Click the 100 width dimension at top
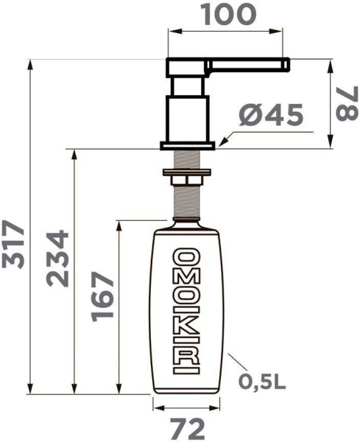[226, 13]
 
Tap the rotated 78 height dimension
[346, 105]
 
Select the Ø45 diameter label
[272, 115]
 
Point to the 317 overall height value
[13, 245]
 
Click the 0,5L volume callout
[261, 382]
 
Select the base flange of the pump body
[189, 144]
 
